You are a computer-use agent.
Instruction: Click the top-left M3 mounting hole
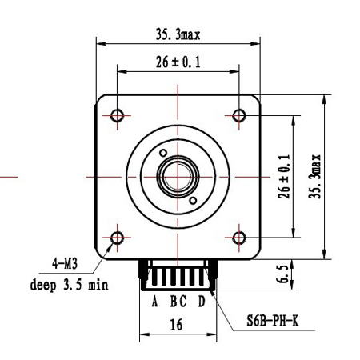click(x=117, y=116)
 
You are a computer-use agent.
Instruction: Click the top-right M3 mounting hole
click(x=239, y=116)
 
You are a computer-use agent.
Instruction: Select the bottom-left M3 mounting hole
click(x=117, y=238)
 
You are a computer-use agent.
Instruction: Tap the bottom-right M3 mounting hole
click(x=239, y=238)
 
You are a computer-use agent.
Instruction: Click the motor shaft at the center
click(x=178, y=177)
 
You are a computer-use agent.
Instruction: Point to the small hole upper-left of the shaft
click(x=163, y=153)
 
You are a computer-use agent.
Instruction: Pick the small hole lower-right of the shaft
click(x=193, y=201)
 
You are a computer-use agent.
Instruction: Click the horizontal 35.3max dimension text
click(x=178, y=35)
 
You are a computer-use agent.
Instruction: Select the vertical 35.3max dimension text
click(x=314, y=176)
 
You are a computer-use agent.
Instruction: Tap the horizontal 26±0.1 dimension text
click(x=178, y=62)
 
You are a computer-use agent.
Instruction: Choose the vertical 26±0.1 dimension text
click(x=284, y=177)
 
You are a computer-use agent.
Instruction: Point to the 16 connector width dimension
click(x=176, y=325)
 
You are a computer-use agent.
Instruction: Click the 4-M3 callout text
click(x=65, y=264)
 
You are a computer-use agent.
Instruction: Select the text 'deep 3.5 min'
click(x=70, y=285)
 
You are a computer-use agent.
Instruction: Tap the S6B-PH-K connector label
click(x=272, y=321)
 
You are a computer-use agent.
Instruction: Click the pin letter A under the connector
click(x=154, y=302)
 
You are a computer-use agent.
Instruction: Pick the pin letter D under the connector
click(x=202, y=302)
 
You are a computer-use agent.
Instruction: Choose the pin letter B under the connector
click(x=174, y=302)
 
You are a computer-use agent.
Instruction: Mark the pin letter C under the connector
click(x=182, y=302)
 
